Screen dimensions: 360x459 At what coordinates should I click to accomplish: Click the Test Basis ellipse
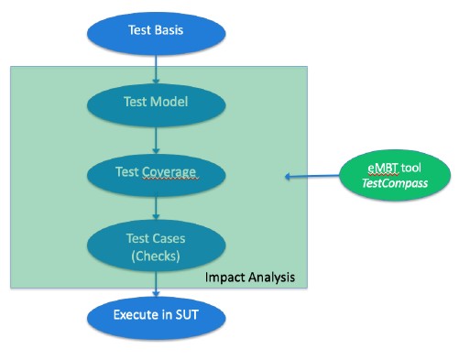pyautogui.click(x=156, y=29)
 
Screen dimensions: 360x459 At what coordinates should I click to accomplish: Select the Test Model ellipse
pyautogui.click(x=156, y=102)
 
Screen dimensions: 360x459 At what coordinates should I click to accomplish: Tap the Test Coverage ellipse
pyautogui.click(x=156, y=171)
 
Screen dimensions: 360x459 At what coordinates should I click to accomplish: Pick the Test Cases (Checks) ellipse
pyautogui.click(x=156, y=245)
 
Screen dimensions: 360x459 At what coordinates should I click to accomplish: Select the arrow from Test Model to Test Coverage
pyautogui.click(x=157, y=136)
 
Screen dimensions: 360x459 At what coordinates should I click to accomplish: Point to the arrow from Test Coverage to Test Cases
pyautogui.click(x=157, y=207)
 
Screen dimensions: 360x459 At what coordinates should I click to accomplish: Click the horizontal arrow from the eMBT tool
pyautogui.click(x=311, y=177)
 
